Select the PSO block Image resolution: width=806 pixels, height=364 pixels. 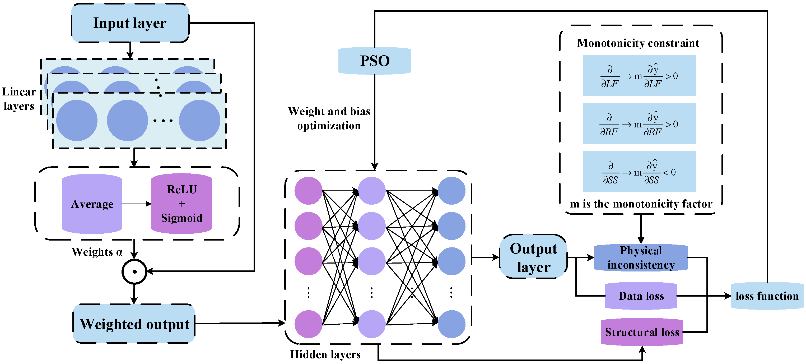[x=375, y=61]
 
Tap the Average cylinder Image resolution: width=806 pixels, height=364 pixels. [x=92, y=204]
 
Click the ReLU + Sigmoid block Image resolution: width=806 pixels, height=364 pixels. [x=181, y=204]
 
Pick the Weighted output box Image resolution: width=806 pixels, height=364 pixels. [x=134, y=324]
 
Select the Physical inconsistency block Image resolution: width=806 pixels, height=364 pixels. [x=641, y=257]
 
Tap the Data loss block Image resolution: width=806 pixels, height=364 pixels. [x=641, y=296]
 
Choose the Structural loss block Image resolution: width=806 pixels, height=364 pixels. [x=642, y=332]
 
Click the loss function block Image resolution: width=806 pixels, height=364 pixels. [x=767, y=296]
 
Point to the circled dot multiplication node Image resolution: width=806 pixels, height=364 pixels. [x=134, y=271]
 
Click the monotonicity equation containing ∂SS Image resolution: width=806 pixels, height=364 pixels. [x=639, y=171]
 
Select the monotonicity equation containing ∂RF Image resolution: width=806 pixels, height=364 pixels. [x=639, y=123]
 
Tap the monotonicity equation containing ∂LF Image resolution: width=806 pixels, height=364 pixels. [x=639, y=75]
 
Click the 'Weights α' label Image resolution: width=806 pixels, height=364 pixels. [x=97, y=252]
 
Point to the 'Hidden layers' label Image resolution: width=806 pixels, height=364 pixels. [x=325, y=354]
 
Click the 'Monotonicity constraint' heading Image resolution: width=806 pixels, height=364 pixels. [x=638, y=43]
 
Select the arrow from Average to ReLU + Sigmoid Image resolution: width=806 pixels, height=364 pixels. [x=136, y=204]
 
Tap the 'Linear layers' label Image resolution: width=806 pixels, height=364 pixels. [x=19, y=99]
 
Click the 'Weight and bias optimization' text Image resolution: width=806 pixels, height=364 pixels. [x=329, y=118]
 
